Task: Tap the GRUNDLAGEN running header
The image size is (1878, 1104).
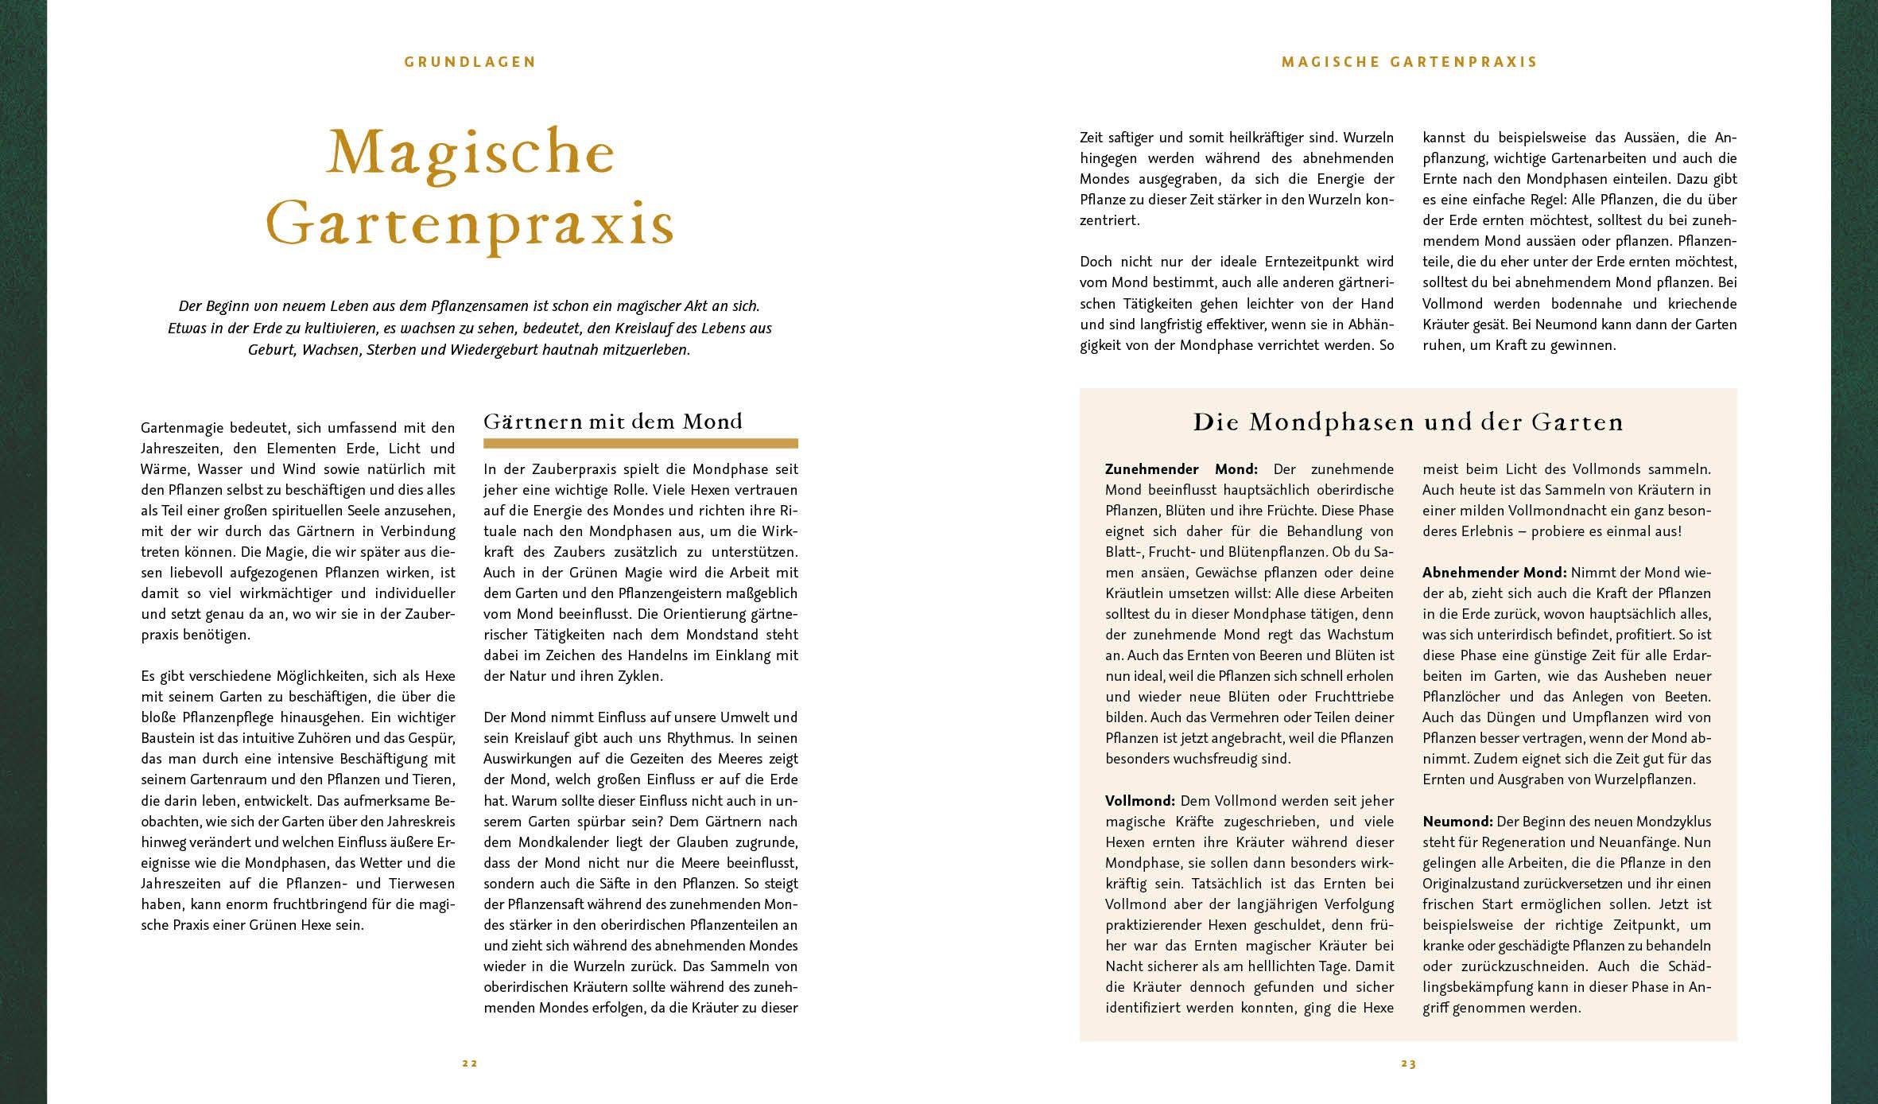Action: click(x=471, y=62)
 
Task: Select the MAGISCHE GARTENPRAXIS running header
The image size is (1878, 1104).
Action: click(x=1409, y=62)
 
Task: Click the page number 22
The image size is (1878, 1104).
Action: click(x=470, y=1063)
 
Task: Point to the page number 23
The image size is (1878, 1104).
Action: click(x=1409, y=1063)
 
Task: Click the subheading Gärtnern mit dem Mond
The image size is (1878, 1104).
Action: click(x=613, y=422)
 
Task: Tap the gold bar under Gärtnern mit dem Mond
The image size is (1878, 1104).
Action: click(x=640, y=443)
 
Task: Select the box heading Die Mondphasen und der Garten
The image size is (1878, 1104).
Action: click(x=1408, y=422)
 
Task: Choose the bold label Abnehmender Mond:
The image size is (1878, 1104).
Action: click(x=1494, y=573)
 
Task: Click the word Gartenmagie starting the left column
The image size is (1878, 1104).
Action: click(x=180, y=428)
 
